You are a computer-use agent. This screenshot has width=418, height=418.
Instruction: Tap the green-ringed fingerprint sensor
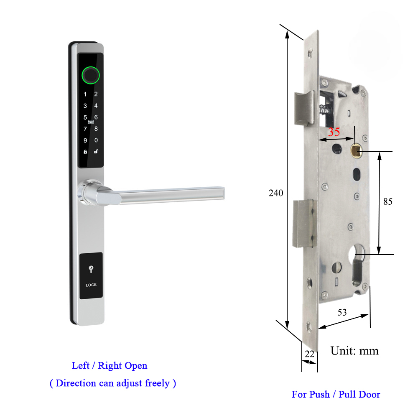(91, 75)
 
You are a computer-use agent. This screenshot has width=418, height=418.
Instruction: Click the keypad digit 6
(96, 117)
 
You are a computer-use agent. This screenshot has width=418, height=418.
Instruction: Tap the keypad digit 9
(85, 140)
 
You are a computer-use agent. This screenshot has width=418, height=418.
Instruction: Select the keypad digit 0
(96, 140)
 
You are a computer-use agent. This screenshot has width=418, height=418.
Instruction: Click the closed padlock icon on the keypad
(85, 152)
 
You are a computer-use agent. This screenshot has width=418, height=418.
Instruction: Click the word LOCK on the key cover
(91, 285)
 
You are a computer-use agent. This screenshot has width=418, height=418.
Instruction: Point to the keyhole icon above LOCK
(91, 270)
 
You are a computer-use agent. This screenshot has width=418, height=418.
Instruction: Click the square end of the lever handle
(221, 192)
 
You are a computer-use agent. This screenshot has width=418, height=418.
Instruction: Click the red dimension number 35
(334, 132)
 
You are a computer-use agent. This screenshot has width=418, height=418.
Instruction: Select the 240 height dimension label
(276, 193)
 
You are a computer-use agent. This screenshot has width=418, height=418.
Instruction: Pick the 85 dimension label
(388, 201)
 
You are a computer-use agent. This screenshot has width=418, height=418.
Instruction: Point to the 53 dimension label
(342, 312)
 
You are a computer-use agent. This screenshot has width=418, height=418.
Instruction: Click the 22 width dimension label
(309, 354)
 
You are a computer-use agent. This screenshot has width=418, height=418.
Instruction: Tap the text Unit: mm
(354, 350)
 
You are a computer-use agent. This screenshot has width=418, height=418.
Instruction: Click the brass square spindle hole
(356, 148)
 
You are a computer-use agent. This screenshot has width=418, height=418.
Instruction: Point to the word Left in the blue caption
(81, 366)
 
